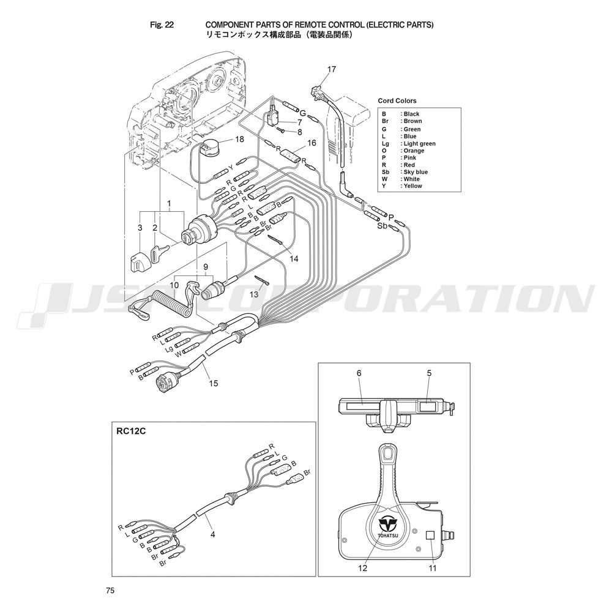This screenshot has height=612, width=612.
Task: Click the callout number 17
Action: pyautogui.click(x=331, y=70)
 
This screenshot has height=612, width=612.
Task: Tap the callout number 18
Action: pyautogui.click(x=239, y=139)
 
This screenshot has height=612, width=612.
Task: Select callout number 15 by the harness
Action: pyautogui.click(x=214, y=383)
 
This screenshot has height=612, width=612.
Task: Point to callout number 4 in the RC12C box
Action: pyautogui.click(x=213, y=534)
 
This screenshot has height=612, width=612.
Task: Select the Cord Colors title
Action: pyautogui.click(x=397, y=101)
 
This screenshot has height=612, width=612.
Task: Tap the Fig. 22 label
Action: pyautogui.click(x=162, y=24)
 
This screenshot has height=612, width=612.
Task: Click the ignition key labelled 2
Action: pyautogui.click(x=160, y=254)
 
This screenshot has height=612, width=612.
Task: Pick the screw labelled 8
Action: pyautogui.click(x=282, y=129)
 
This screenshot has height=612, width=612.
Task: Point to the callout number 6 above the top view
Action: pyautogui.click(x=359, y=373)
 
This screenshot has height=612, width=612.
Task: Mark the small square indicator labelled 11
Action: pyautogui.click(x=430, y=535)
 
